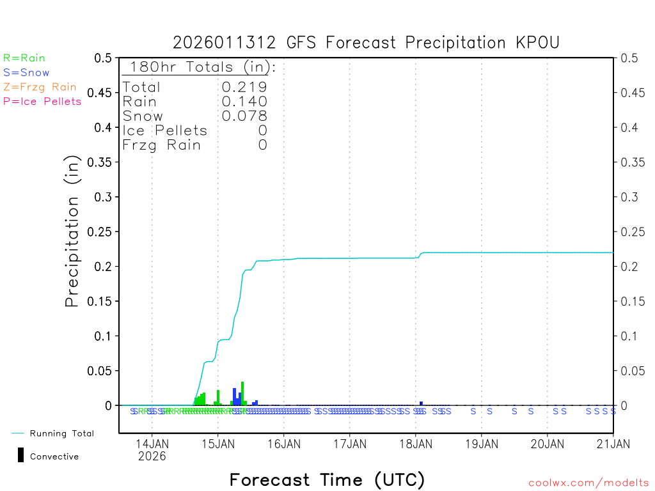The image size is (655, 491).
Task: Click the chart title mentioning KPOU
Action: pos(366,43)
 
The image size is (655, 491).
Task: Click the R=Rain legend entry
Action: pos(24,58)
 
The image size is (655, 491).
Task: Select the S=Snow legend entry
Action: pos(26,73)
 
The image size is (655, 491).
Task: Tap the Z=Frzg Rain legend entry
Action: pos(40,87)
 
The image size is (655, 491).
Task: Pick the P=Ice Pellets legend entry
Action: pos(42,101)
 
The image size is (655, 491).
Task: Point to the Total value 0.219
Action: pos(244,87)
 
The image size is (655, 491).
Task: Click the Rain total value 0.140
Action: pos(244,102)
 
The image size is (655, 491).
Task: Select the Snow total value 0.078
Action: pos(244,116)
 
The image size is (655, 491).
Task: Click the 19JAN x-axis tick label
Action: pos(481,443)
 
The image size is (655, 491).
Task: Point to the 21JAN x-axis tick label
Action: pos(613,443)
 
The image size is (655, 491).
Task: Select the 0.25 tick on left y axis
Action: pos(102,231)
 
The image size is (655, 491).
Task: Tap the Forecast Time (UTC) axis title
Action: pos(327,479)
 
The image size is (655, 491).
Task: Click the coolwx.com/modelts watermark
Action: pos(588,483)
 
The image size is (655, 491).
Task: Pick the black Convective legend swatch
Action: pos(21,455)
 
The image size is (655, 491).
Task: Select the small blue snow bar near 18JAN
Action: pos(421,403)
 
